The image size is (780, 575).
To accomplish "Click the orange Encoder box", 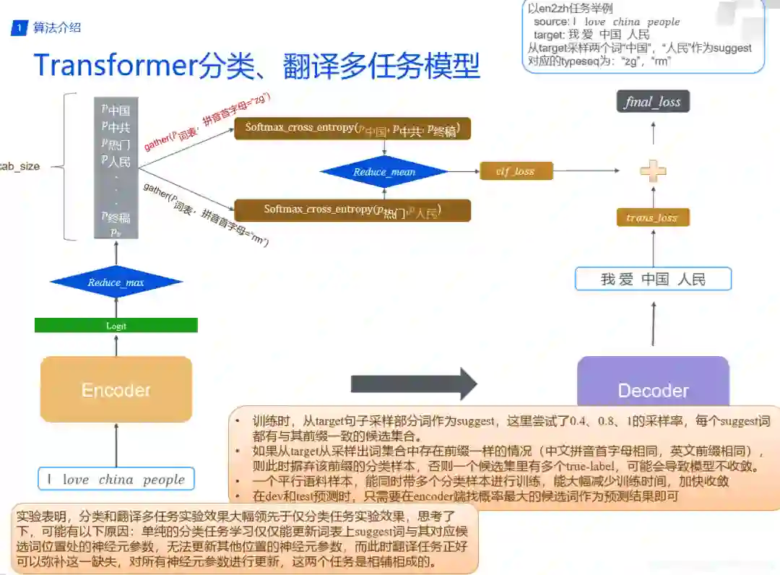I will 116,389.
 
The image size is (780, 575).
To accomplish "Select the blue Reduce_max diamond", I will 116,282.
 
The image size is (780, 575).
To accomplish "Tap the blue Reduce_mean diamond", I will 383,172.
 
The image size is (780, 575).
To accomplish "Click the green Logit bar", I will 116,326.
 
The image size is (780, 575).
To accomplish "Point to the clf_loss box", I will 516,171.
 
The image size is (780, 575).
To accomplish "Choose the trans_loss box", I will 652,217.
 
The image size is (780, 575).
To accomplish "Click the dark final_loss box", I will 653,102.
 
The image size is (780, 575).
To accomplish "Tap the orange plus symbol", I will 653,171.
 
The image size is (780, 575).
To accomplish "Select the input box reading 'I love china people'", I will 116,480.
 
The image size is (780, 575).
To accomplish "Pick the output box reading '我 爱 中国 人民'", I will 653,280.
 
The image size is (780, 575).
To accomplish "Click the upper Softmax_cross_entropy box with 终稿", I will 352,129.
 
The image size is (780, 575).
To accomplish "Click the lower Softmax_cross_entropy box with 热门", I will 352,210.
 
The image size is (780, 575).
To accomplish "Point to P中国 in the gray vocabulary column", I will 116,111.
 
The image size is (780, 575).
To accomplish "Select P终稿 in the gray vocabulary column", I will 116,217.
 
